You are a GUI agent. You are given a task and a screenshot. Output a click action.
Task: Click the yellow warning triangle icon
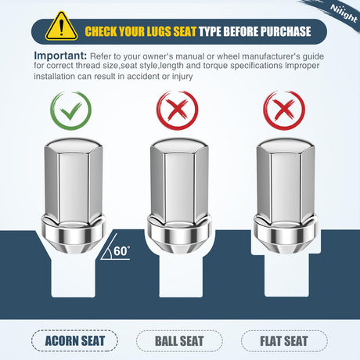click(x=61, y=27)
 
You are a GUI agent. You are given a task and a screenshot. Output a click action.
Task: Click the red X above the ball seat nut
click(x=178, y=110)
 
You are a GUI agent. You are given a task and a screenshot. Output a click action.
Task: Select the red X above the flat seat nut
click(x=284, y=110)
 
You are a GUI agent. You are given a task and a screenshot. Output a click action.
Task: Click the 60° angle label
click(x=121, y=251)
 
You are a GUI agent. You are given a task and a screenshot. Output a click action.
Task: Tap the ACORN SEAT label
click(x=74, y=341)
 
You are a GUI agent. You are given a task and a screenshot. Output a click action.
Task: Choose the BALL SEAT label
click(x=179, y=341)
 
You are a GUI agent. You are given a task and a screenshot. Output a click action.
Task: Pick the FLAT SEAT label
click(x=284, y=341)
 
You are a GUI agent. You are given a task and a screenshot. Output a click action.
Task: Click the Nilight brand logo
click(x=344, y=13)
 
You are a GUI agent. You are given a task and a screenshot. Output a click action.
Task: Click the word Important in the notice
click(x=60, y=56)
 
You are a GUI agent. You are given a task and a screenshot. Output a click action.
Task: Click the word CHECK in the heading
click(x=101, y=31)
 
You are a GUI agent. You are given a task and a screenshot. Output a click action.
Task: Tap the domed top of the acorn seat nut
click(x=74, y=144)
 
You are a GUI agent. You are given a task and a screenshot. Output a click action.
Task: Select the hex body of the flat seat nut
click(x=286, y=182)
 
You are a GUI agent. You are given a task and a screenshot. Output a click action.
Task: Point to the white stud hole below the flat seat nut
click(x=286, y=275)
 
